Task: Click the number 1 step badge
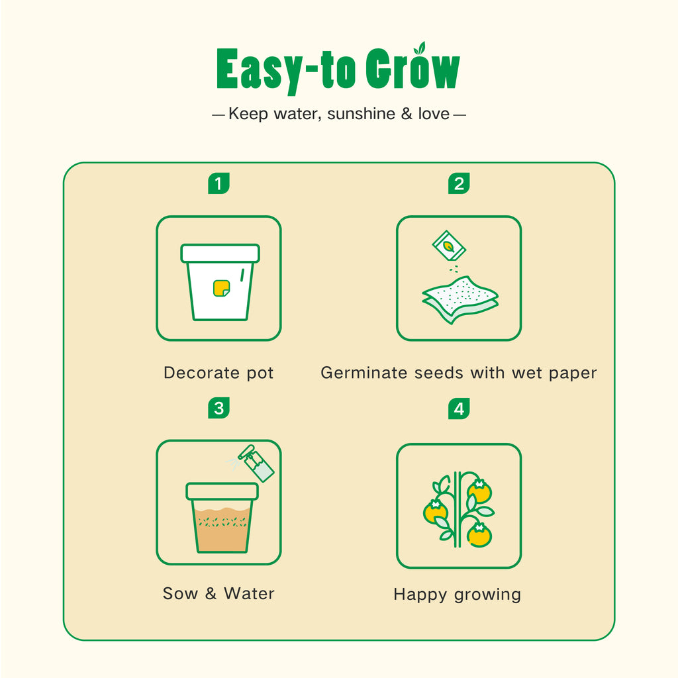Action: coord(218,183)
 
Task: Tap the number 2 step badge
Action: coord(459,183)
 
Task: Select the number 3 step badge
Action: coord(218,408)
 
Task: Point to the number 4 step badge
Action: coord(459,409)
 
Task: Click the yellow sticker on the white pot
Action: coord(221,289)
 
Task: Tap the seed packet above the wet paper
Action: coord(449,246)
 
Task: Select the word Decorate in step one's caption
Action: coord(201,373)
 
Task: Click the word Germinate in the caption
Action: coord(363,373)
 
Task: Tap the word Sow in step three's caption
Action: coord(180,593)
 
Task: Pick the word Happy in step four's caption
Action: coord(420,595)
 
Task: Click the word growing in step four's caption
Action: coord(487,595)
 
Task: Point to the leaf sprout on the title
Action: coord(420,48)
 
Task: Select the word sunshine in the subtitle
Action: coord(361,114)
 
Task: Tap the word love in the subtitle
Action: coord(434,114)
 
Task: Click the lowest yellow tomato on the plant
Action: coord(479,535)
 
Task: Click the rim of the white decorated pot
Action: coord(220,254)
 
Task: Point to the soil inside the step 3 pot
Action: coord(222,529)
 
